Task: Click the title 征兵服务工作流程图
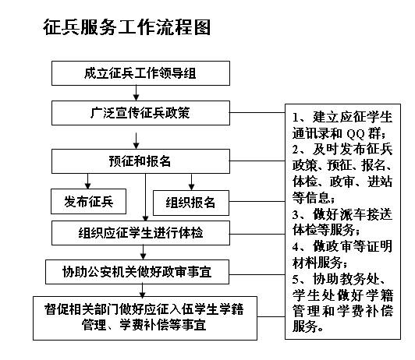pyautogui.click(x=127, y=27)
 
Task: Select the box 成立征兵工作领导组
pyautogui.click(x=140, y=73)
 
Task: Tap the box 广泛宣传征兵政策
pyautogui.click(x=140, y=113)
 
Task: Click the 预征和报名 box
pyautogui.click(x=140, y=161)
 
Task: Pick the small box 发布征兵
pyautogui.click(x=88, y=201)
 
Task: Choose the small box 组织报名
pyautogui.click(x=191, y=203)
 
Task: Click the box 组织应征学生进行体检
pyautogui.click(x=140, y=233)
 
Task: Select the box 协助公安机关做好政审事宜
pyautogui.click(x=137, y=272)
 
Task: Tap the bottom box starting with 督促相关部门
pyautogui.click(x=145, y=318)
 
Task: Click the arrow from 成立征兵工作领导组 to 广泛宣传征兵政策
pyautogui.click(x=136, y=93)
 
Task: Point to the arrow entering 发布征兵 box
pyautogui.click(x=87, y=181)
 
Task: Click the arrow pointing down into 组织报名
pyautogui.click(x=191, y=182)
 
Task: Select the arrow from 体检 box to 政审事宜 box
pyautogui.click(x=143, y=252)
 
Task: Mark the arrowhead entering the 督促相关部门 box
pyautogui.click(x=143, y=294)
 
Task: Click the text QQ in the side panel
pyautogui.click(x=356, y=134)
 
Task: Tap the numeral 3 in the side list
pyautogui.click(x=296, y=214)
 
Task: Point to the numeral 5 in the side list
pyautogui.click(x=296, y=280)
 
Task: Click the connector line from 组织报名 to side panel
pyautogui.click(x=257, y=201)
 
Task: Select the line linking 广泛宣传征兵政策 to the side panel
pyautogui.click(x=257, y=113)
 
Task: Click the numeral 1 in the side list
pyautogui.click(x=296, y=118)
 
